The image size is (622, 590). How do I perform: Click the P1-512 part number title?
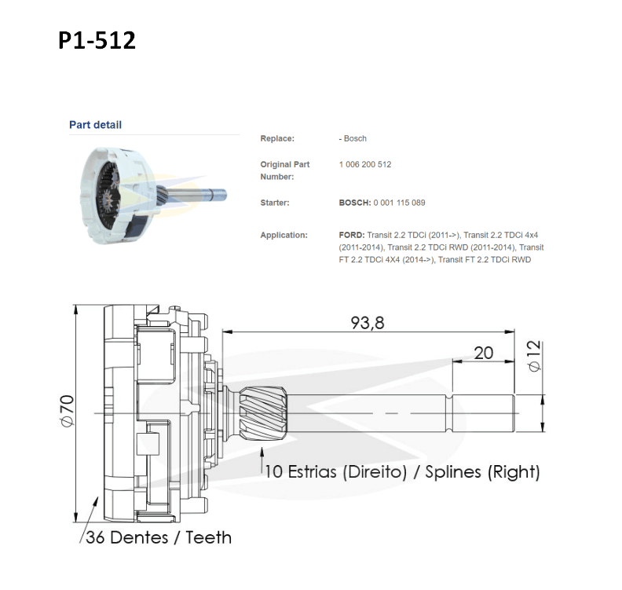(x=97, y=40)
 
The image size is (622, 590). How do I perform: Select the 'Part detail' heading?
(x=95, y=125)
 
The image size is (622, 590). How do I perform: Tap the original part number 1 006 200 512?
(x=365, y=164)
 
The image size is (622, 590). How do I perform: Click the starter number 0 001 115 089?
(x=399, y=203)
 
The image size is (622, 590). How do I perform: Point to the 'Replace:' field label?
(x=277, y=138)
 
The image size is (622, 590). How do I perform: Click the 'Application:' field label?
(x=284, y=235)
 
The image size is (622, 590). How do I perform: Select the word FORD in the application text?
(x=352, y=235)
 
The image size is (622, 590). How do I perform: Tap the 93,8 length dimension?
(x=368, y=323)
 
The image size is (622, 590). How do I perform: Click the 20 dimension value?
(x=483, y=353)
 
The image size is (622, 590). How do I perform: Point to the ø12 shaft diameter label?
(x=534, y=356)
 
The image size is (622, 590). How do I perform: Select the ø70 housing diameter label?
(x=68, y=411)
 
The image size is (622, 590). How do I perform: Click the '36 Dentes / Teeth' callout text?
(x=159, y=537)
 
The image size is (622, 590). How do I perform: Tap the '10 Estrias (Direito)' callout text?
(x=336, y=471)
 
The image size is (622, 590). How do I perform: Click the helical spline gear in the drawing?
(x=263, y=413)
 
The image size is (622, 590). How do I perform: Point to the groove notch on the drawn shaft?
(x=449, y=413)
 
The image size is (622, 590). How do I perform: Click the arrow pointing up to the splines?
(x=262, y=460)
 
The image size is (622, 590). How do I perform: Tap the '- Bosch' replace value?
(x=353, y=138)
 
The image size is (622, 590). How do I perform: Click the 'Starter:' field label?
(x=275, y=203)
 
